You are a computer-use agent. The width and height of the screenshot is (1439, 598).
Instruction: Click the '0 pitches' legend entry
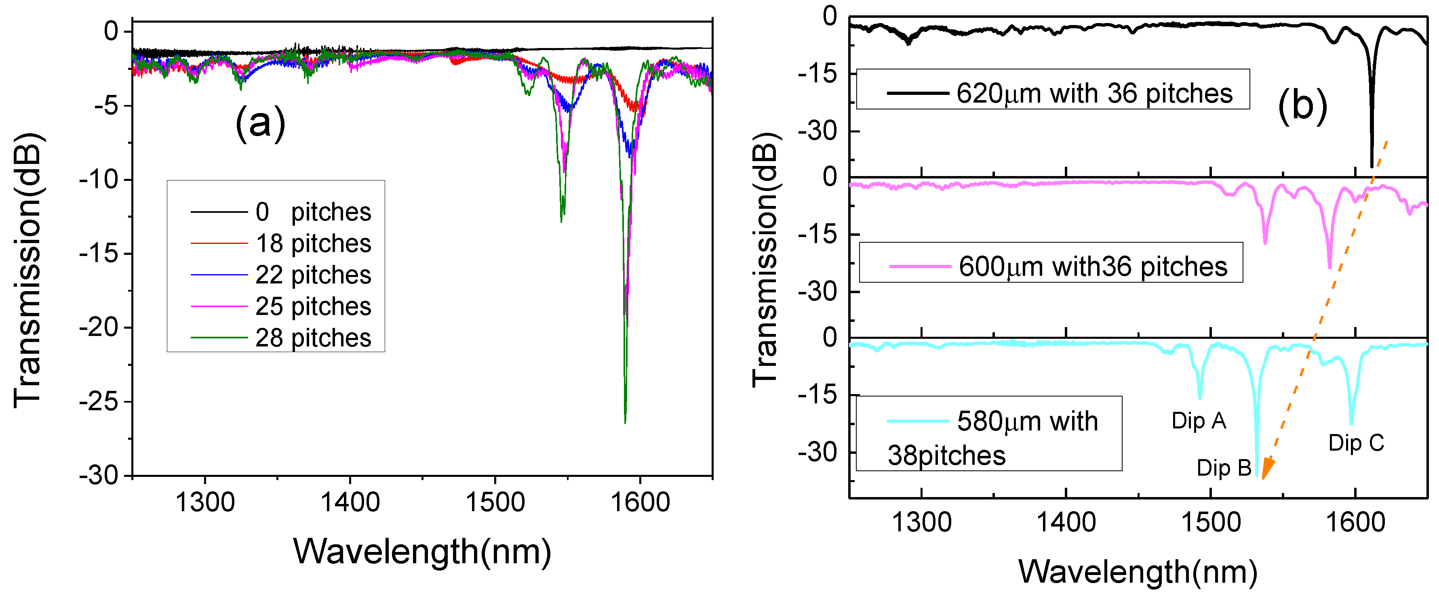click(x=313, y=212)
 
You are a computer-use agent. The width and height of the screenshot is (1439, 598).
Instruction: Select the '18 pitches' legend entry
click(x=313, y=243)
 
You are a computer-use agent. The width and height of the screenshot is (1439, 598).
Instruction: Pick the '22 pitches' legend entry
click(x=313, y=275)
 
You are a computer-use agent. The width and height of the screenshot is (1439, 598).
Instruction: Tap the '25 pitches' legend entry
click(x=313, y=306)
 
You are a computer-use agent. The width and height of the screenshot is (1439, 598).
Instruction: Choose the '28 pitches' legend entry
click(x=313, y=338)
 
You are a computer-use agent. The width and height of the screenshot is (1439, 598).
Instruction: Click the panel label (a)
click(x=260, y=122)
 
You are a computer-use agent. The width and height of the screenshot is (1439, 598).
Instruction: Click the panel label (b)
click(x=1302, y=105)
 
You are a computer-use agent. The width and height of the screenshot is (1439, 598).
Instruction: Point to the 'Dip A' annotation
click(x=1199, y=420)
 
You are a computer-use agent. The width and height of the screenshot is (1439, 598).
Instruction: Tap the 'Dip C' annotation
click(x=1356, y=443)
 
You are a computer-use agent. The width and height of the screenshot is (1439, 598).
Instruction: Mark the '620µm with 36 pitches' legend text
click(x=1094, y=93)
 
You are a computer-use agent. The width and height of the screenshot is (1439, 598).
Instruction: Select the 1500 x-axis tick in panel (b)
click(x=1211, y=522)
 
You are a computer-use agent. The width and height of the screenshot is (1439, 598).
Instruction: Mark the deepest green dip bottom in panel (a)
click(x=625, y=422)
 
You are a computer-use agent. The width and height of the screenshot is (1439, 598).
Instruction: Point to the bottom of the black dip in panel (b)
click(x=1372, y=166)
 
